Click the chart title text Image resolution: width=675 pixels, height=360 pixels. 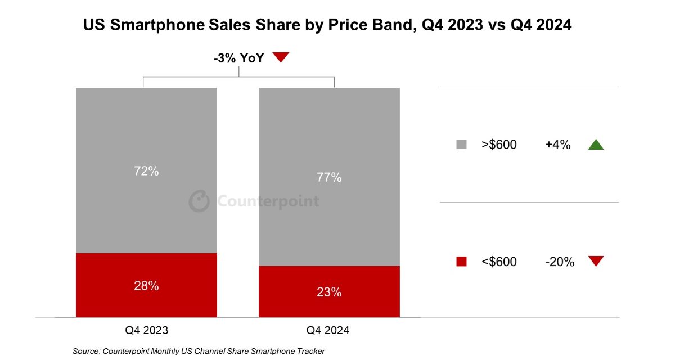click(327, 25)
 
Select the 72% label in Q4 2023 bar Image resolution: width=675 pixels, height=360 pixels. click(146, 171)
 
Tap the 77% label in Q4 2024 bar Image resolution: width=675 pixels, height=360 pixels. click(329, 177)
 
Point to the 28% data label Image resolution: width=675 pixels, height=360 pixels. click(146, 285)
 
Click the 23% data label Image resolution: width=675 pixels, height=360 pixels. click(329, 292)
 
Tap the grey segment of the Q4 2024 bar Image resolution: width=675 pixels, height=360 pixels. click(329, 129)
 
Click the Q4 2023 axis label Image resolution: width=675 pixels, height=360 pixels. click(146, 330)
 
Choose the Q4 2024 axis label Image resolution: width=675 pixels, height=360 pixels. click(328, 330)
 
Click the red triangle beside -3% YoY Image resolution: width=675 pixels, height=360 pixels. click(280, 57)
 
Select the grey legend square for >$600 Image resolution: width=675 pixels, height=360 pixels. click(461, 145)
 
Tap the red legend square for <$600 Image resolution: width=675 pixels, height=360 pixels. click(461, 261)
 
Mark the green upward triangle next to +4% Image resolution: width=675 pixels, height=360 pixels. click(595, 145)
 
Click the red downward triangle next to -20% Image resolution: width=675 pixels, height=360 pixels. click(595, 261)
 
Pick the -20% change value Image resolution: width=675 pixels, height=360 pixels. click(559, 262)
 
